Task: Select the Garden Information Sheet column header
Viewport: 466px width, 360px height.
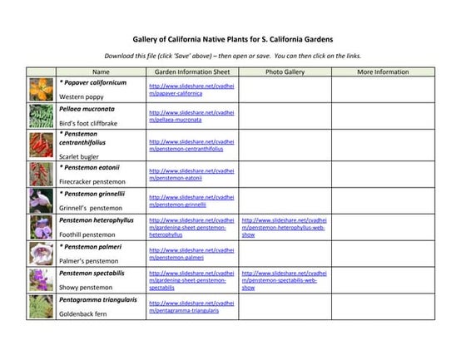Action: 192,72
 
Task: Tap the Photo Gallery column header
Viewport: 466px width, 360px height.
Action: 285,72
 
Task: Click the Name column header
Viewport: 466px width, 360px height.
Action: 101,72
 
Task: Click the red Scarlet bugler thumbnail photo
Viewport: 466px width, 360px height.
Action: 39,145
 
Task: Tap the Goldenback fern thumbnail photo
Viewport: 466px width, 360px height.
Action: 39,307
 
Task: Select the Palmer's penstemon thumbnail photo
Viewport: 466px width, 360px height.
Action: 39,254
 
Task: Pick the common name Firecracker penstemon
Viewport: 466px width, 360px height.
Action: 92,181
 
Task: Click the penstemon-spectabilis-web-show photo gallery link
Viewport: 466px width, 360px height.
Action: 284,280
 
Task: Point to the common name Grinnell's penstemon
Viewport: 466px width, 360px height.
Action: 91,208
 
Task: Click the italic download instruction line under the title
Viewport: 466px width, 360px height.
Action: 233,57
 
